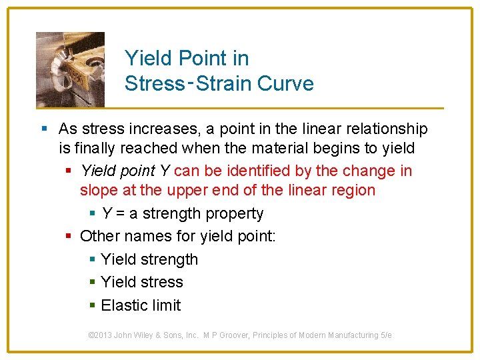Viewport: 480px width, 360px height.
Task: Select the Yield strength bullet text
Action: [149, 259]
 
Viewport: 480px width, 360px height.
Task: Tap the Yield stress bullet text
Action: [141, 282]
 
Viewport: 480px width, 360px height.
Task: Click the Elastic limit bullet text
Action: [141, 305]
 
